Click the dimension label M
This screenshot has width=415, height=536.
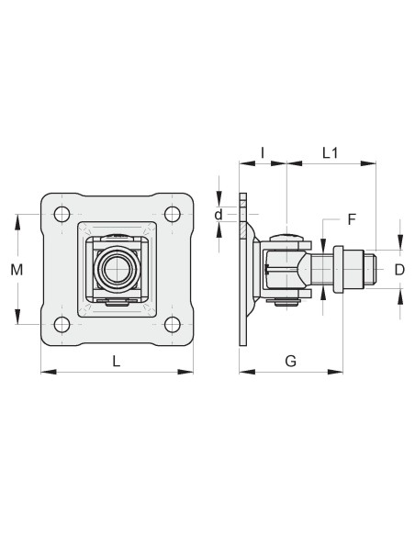17,269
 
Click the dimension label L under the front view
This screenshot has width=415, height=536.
117,361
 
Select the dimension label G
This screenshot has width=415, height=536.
290,361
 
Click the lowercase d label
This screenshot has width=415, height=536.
219,214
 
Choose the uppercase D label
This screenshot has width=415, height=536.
399,269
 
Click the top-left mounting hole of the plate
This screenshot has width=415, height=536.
62,215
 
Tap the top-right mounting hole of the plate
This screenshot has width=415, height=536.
172,215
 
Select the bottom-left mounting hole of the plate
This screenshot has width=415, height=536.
62,324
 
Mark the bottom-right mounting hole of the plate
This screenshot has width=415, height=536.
172,324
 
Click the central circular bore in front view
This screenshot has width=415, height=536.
117,269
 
